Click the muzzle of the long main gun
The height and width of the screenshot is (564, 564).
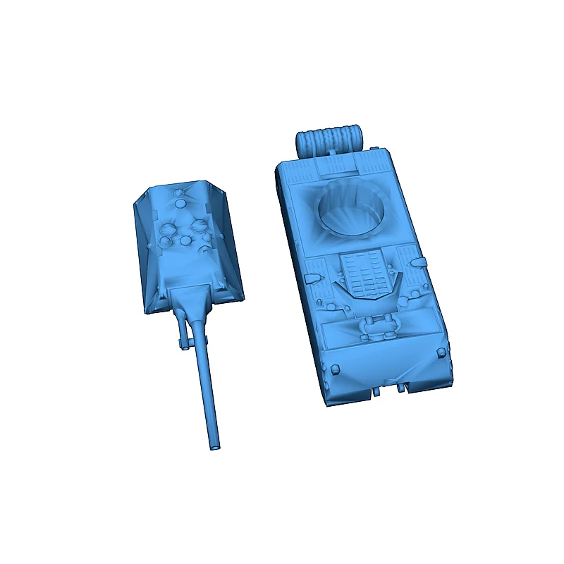click(x=214, y=446)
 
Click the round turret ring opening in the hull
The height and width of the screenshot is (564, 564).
click(x=351, y=208)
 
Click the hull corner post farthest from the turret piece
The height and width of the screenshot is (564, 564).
click(x=443, y=355)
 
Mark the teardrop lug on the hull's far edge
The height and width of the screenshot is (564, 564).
click(x=419, y=262)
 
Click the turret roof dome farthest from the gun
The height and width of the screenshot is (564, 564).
click(x=182, y=194)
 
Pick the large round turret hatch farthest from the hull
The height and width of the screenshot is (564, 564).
click(x=169, y=228)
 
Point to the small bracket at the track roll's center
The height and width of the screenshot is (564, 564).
click(x=330, y=152)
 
